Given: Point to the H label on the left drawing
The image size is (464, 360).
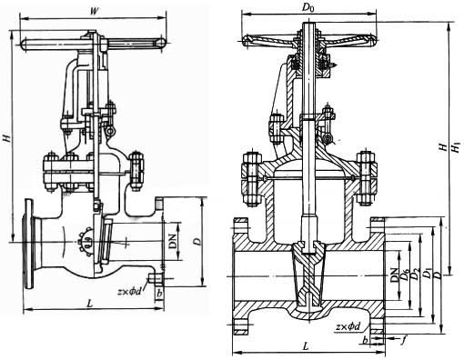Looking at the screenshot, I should click(6, 137).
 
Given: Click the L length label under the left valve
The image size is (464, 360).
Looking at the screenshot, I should click(88, 301).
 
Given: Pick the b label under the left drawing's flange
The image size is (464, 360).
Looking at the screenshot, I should click(159, 295).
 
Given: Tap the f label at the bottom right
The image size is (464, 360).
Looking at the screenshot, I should click(403, 342).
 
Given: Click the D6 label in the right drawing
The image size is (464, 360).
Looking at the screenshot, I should click(405, 274).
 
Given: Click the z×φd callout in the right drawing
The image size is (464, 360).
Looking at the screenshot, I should click(348, 325).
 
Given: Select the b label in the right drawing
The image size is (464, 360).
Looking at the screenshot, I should click(367, 341).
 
